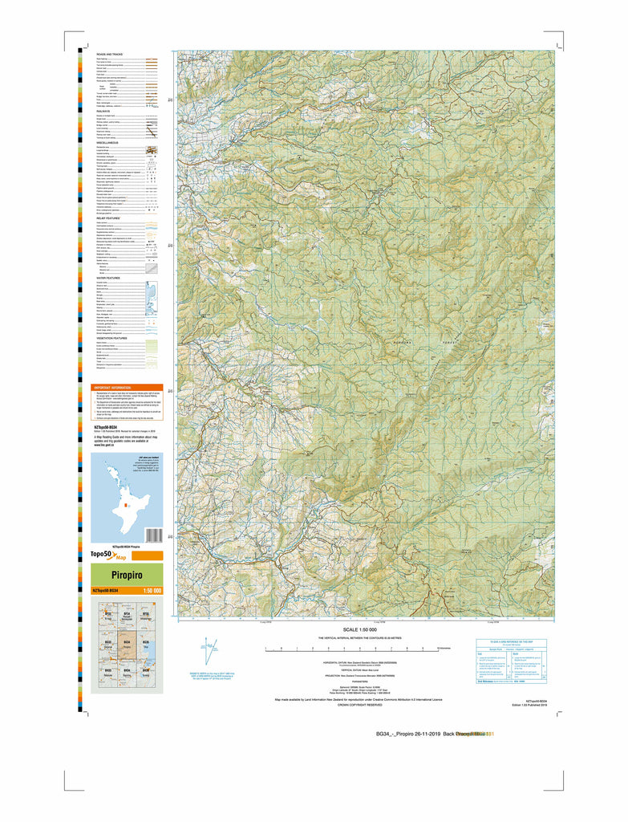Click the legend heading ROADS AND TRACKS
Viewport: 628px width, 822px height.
pos(109,54)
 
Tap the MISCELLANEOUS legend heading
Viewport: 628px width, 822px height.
pos(109,144)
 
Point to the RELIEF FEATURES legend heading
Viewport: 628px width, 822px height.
pos(109,218)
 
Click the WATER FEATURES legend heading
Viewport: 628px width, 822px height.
pos(108,278)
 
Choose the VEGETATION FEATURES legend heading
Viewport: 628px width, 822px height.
pos(112,338)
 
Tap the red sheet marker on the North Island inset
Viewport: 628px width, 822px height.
pos(125,506)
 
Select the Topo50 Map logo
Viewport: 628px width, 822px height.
pos(111,555)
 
